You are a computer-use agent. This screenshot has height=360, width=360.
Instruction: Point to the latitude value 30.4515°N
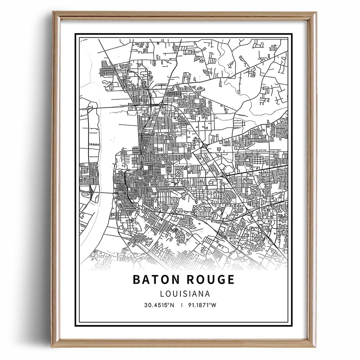[x=159, y=305]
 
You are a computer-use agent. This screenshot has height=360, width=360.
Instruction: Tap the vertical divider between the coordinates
[x=183, y=305]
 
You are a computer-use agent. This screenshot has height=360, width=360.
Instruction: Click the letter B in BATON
[x=136, y=280]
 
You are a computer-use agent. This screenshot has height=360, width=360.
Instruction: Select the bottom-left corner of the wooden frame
[x=53, y=348]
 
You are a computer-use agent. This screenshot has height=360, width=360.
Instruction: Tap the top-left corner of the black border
[x=75, y=34]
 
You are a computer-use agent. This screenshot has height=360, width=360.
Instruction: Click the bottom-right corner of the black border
[x=292, y=326]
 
